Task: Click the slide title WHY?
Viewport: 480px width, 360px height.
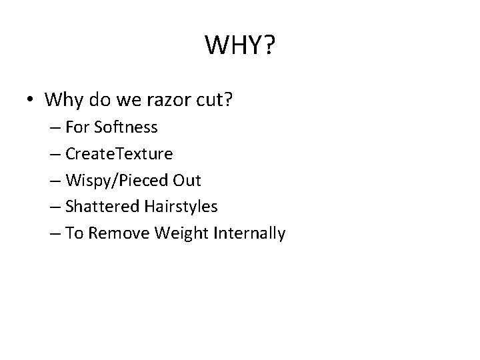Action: [240, 46]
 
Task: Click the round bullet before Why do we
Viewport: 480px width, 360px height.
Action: [31, 101]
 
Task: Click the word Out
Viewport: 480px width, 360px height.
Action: [187, 181]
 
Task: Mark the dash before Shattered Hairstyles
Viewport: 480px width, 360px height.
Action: [72, 207]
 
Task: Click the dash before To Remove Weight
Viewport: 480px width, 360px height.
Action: [72, 234]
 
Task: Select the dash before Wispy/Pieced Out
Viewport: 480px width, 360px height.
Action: [72, 181]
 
